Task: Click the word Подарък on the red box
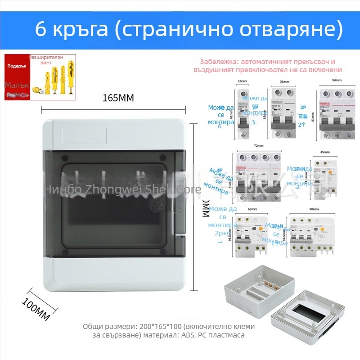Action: coord(17,66)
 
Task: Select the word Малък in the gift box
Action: coord(17,85)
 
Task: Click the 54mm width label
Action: coord(336,80)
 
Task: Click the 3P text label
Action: coord(302,108)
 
